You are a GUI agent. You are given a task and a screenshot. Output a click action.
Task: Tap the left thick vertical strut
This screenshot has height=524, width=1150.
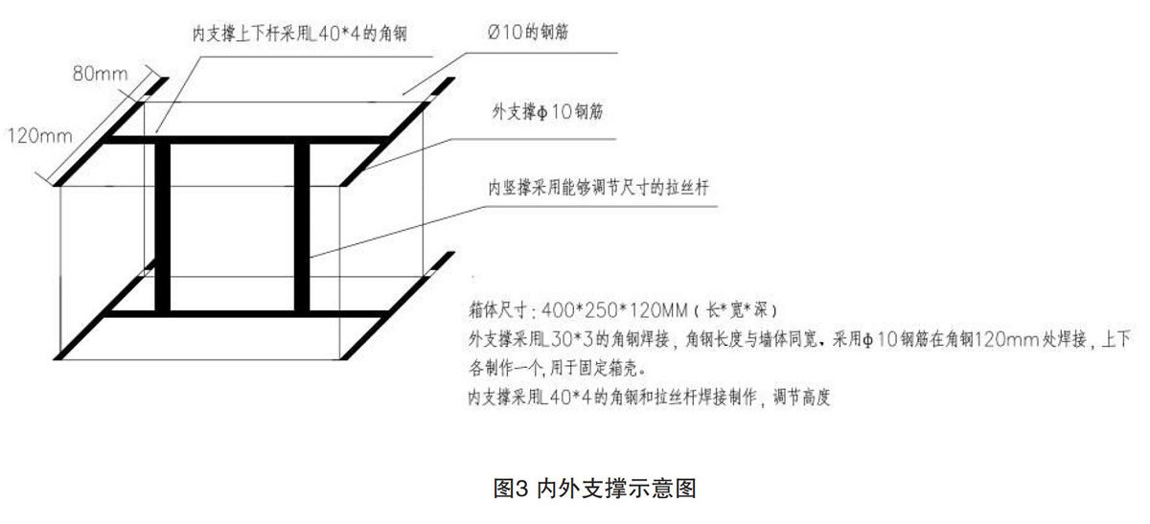pos(162,227)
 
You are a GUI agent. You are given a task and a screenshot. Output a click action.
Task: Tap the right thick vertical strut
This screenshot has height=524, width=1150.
pos(303,227)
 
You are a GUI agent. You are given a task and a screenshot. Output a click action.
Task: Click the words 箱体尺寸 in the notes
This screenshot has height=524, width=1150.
pos(495,311)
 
